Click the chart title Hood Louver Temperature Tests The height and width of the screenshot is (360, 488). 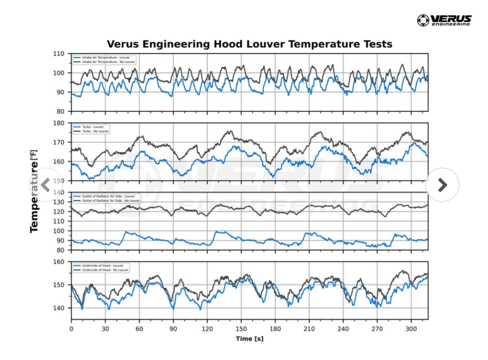point(250,44)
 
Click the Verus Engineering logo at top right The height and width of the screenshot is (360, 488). point(444,20)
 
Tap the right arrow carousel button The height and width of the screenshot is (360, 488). point(442,185)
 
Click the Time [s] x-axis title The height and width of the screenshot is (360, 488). point(250,339)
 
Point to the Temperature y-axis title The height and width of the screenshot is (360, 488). point(34,191)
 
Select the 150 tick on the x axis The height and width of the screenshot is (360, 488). point(241,328)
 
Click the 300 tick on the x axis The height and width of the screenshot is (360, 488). point(411,328)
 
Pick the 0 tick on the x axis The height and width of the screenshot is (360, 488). point(71,328)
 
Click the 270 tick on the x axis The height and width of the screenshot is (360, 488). point(377,328)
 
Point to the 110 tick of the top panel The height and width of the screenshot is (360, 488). point(59,54)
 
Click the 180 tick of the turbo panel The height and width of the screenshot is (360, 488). point(59,123)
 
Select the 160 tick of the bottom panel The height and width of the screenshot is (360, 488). point(59,262)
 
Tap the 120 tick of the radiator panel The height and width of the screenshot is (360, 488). point(59,212)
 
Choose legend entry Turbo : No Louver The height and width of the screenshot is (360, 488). point(95,131)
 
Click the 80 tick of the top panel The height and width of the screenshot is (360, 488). point(60,111)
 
